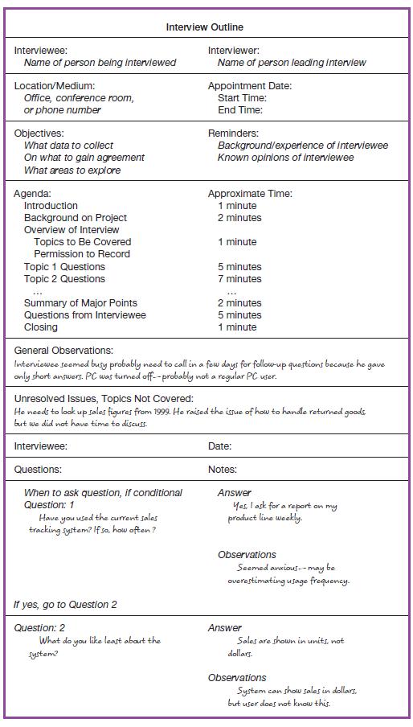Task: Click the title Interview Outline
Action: [x=205, y=27]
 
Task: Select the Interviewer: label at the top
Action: [x=233, y=50]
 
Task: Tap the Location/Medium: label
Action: [x=54, y=85]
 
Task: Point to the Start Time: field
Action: [x=240, y=97]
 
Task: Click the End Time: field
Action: [x=239, y=110]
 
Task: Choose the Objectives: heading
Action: [x=39, y=133]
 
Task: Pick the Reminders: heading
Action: [x=233, y=133]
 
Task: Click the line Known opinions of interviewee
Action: [x=285, y=158]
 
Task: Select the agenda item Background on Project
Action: [x=76, y=218]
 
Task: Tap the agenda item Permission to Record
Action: [x=82, y=254]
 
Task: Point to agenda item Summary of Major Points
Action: [x=80, y=303]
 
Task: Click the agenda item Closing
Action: [x=41, y=327]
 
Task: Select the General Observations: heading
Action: [x=63, y=351]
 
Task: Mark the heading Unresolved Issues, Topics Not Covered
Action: [x=104, y=398]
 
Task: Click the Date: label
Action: [x=219, y=446]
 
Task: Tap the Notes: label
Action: [x=222, y=469]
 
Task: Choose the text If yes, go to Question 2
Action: [x=65, y=604]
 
